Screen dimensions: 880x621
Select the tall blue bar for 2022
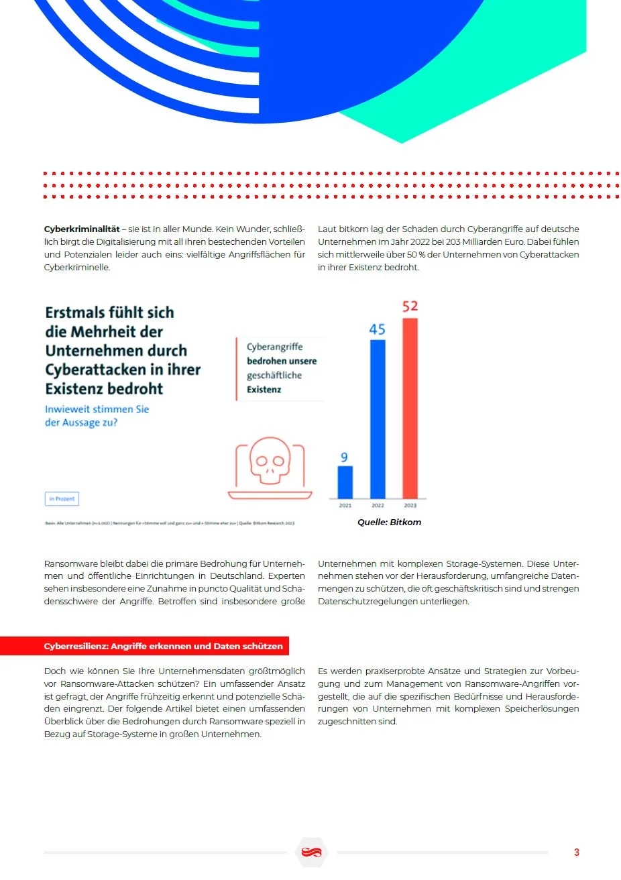[x=378, y=419]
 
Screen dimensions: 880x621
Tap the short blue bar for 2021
[x=345, y=482]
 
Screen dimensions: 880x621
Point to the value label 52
[x=410, y=307]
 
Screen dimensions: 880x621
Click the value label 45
[x=377, y=329]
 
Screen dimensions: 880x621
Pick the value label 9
[x=344, y=457]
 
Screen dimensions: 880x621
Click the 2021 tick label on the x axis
[x=345, y=506]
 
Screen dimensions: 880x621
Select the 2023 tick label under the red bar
[x=410, y=506]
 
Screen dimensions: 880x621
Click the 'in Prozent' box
[x=62, y=499]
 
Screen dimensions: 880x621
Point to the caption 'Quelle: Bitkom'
[x=389, y=522]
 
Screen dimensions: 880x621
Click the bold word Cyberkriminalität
[x=82, y=229]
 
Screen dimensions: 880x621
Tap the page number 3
[x=576, y=852]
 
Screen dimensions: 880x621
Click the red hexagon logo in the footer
[x=311, y=852]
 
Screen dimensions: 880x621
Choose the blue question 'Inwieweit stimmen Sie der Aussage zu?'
[x=97, y=416]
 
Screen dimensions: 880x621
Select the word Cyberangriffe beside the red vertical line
[x=274, y=347]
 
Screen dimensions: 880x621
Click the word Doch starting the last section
[x=55, y=671]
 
